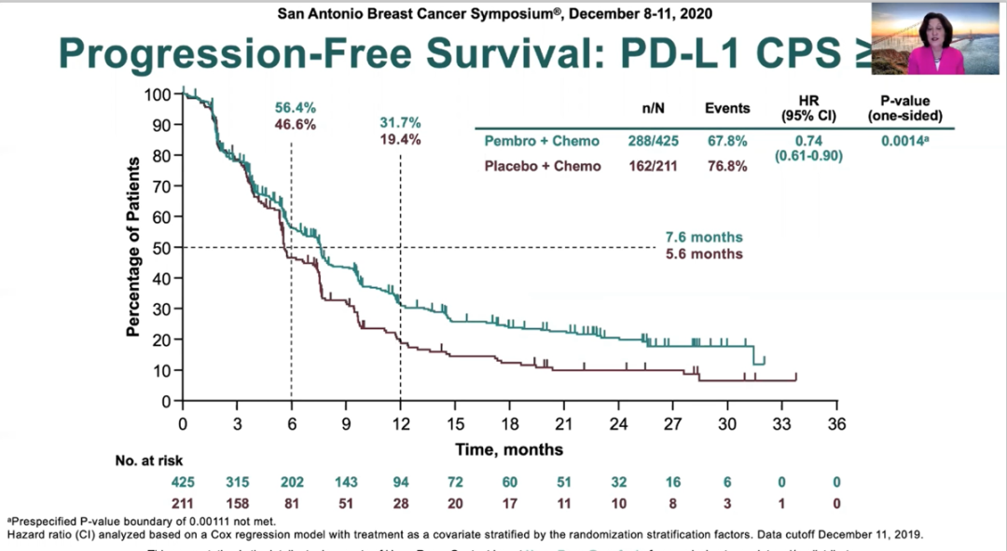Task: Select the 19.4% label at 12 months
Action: pyautogui.click(x=400, y=140)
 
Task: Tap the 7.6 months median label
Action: pyautogui.click(x=704, y=238)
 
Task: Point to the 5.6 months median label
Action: pyautogui.click(x=704, y=254)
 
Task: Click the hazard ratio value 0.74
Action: pyautogui.click(x=811, y=140)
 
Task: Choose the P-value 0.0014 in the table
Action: pyautogui.click(x=901, y=140)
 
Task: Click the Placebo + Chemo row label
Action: pyautogui.click(x=531, y=166)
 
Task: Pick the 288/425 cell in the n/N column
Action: pyautogui.click(x=653, y=141)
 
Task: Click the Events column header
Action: pyautogui.click(x=727, y=108)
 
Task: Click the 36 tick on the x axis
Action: pyautogui.click(x=836, y=423)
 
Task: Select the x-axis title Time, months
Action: pyautogui.click(x=509, y=449)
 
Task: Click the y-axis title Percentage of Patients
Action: pyautogui.click(x=133, y=247)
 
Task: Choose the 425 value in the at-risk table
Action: pyautogui.click(x=183, y=482)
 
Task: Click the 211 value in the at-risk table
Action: pyautogui.click(x=183, y=504)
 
